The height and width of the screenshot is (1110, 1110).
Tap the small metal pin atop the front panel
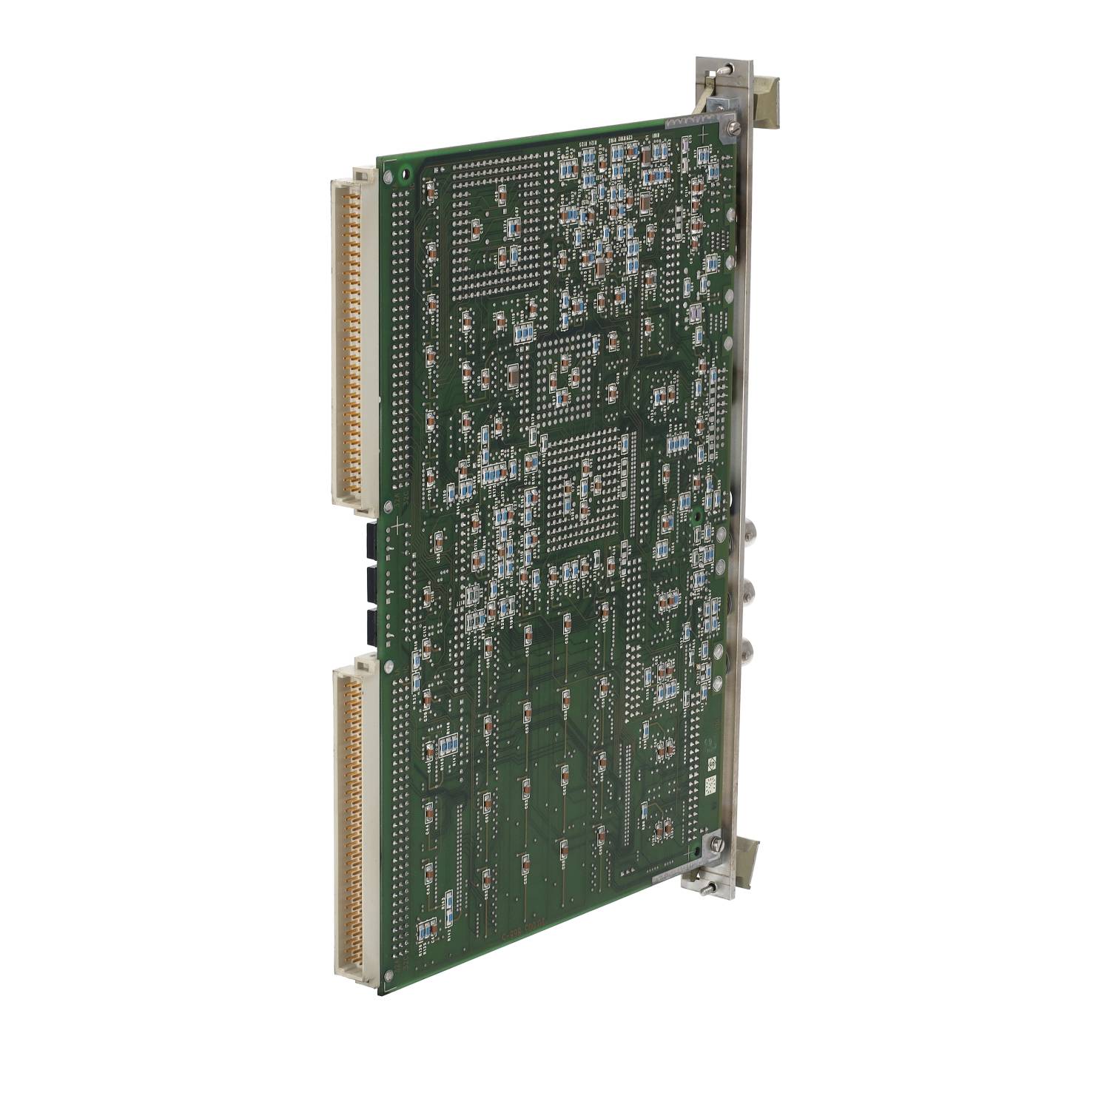[x=729, y=68]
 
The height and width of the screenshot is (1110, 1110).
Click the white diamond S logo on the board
[x=708, y=763]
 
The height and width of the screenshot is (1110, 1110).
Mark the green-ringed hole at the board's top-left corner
[x=404, y=176]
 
